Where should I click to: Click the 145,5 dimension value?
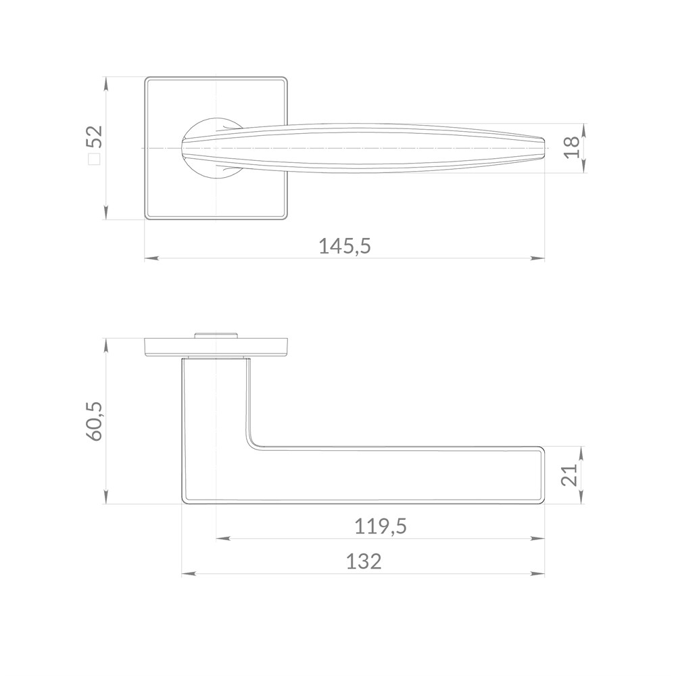point(345,246)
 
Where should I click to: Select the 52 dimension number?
point(95,137)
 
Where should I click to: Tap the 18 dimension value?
point(572,147)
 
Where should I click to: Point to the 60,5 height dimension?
point(94,421)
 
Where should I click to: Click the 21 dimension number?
point(570,475)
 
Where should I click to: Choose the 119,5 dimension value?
point(380,527)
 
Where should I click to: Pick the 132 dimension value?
point(364,562)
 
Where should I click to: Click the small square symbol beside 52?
point(94,160)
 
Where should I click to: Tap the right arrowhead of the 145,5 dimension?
point(538,259)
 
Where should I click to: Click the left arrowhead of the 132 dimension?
point(189,574)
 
